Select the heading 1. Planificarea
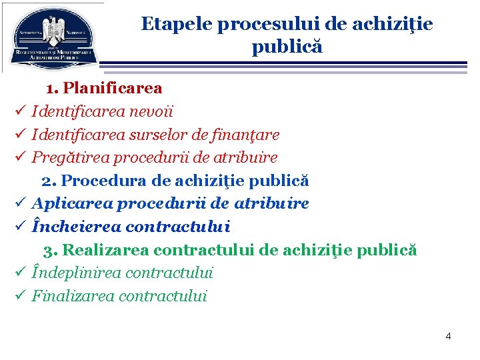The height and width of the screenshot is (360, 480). click(104, 88)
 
